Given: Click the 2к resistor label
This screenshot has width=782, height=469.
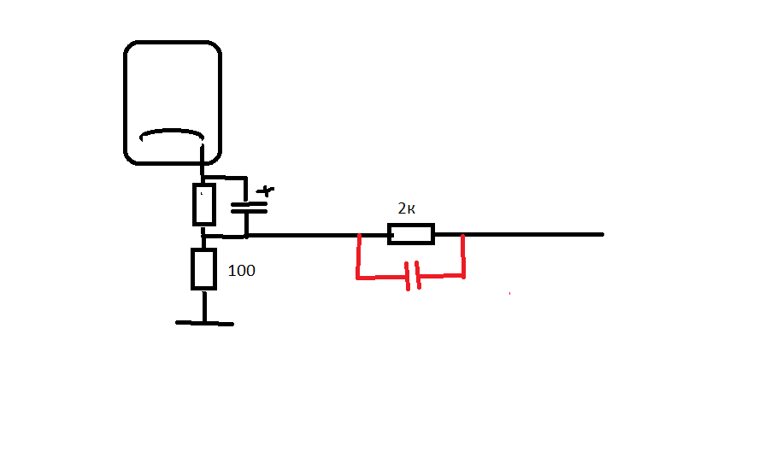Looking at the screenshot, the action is tap(407, 208).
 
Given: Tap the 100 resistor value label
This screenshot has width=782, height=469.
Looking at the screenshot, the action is tap(241, 270).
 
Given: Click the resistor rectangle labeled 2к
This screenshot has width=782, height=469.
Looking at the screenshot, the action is tap(411, 234).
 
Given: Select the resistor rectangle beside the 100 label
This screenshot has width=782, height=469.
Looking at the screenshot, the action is tap(204, 269).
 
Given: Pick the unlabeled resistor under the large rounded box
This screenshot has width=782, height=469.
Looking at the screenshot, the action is tap(204, 205).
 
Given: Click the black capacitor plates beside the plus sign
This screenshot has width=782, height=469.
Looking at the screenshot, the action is tap(249, 208).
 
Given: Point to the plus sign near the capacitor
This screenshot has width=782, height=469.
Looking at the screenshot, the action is tap(265, 191).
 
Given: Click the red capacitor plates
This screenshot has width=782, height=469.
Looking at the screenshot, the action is tap(413, 276).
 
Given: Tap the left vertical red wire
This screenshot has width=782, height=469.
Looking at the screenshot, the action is tap(358, 256).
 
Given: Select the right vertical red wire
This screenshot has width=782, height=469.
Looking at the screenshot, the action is tap(463, 256).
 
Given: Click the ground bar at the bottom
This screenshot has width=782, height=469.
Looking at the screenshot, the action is tap(204, 324).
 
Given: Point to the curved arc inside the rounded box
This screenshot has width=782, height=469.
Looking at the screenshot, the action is tap(172, 132).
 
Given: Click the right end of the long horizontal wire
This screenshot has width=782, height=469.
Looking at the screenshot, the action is tap(603, 234).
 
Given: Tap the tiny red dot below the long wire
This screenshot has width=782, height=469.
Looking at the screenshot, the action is tap(509, 294).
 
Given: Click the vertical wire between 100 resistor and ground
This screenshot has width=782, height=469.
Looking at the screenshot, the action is tap(204, 306).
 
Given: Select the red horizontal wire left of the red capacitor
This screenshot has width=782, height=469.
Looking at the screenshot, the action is tap(382, 277).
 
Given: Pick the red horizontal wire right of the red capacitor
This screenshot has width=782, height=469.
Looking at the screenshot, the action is tap(441, 276).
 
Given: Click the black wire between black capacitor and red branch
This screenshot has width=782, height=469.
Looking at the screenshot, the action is tap(303, 234).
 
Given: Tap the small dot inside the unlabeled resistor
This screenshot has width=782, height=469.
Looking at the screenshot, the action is tap(202, 193).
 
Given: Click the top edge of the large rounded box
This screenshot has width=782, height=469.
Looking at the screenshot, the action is tap(173, 42).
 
